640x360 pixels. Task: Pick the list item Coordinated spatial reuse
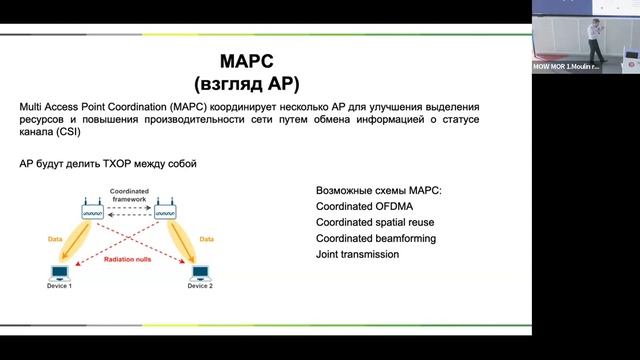(x=375, y=222)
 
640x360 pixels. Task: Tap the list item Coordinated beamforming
(x=375, y=238)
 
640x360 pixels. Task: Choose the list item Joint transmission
(x=357, y=254)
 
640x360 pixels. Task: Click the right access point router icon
(x=166, y=211)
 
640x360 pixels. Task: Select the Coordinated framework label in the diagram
(x=129, y=194)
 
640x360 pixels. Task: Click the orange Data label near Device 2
(x=207, y=239)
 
